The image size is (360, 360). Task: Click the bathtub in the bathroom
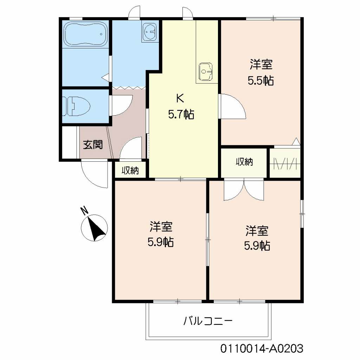pos(85,34)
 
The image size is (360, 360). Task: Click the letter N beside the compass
pos(84,211)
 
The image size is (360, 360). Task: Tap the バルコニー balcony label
pos(208,321)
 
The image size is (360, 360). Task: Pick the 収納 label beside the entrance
pos(130,171)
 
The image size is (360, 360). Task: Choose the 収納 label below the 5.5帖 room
pos(244,162)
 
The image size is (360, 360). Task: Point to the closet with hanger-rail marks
pos(285,163)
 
